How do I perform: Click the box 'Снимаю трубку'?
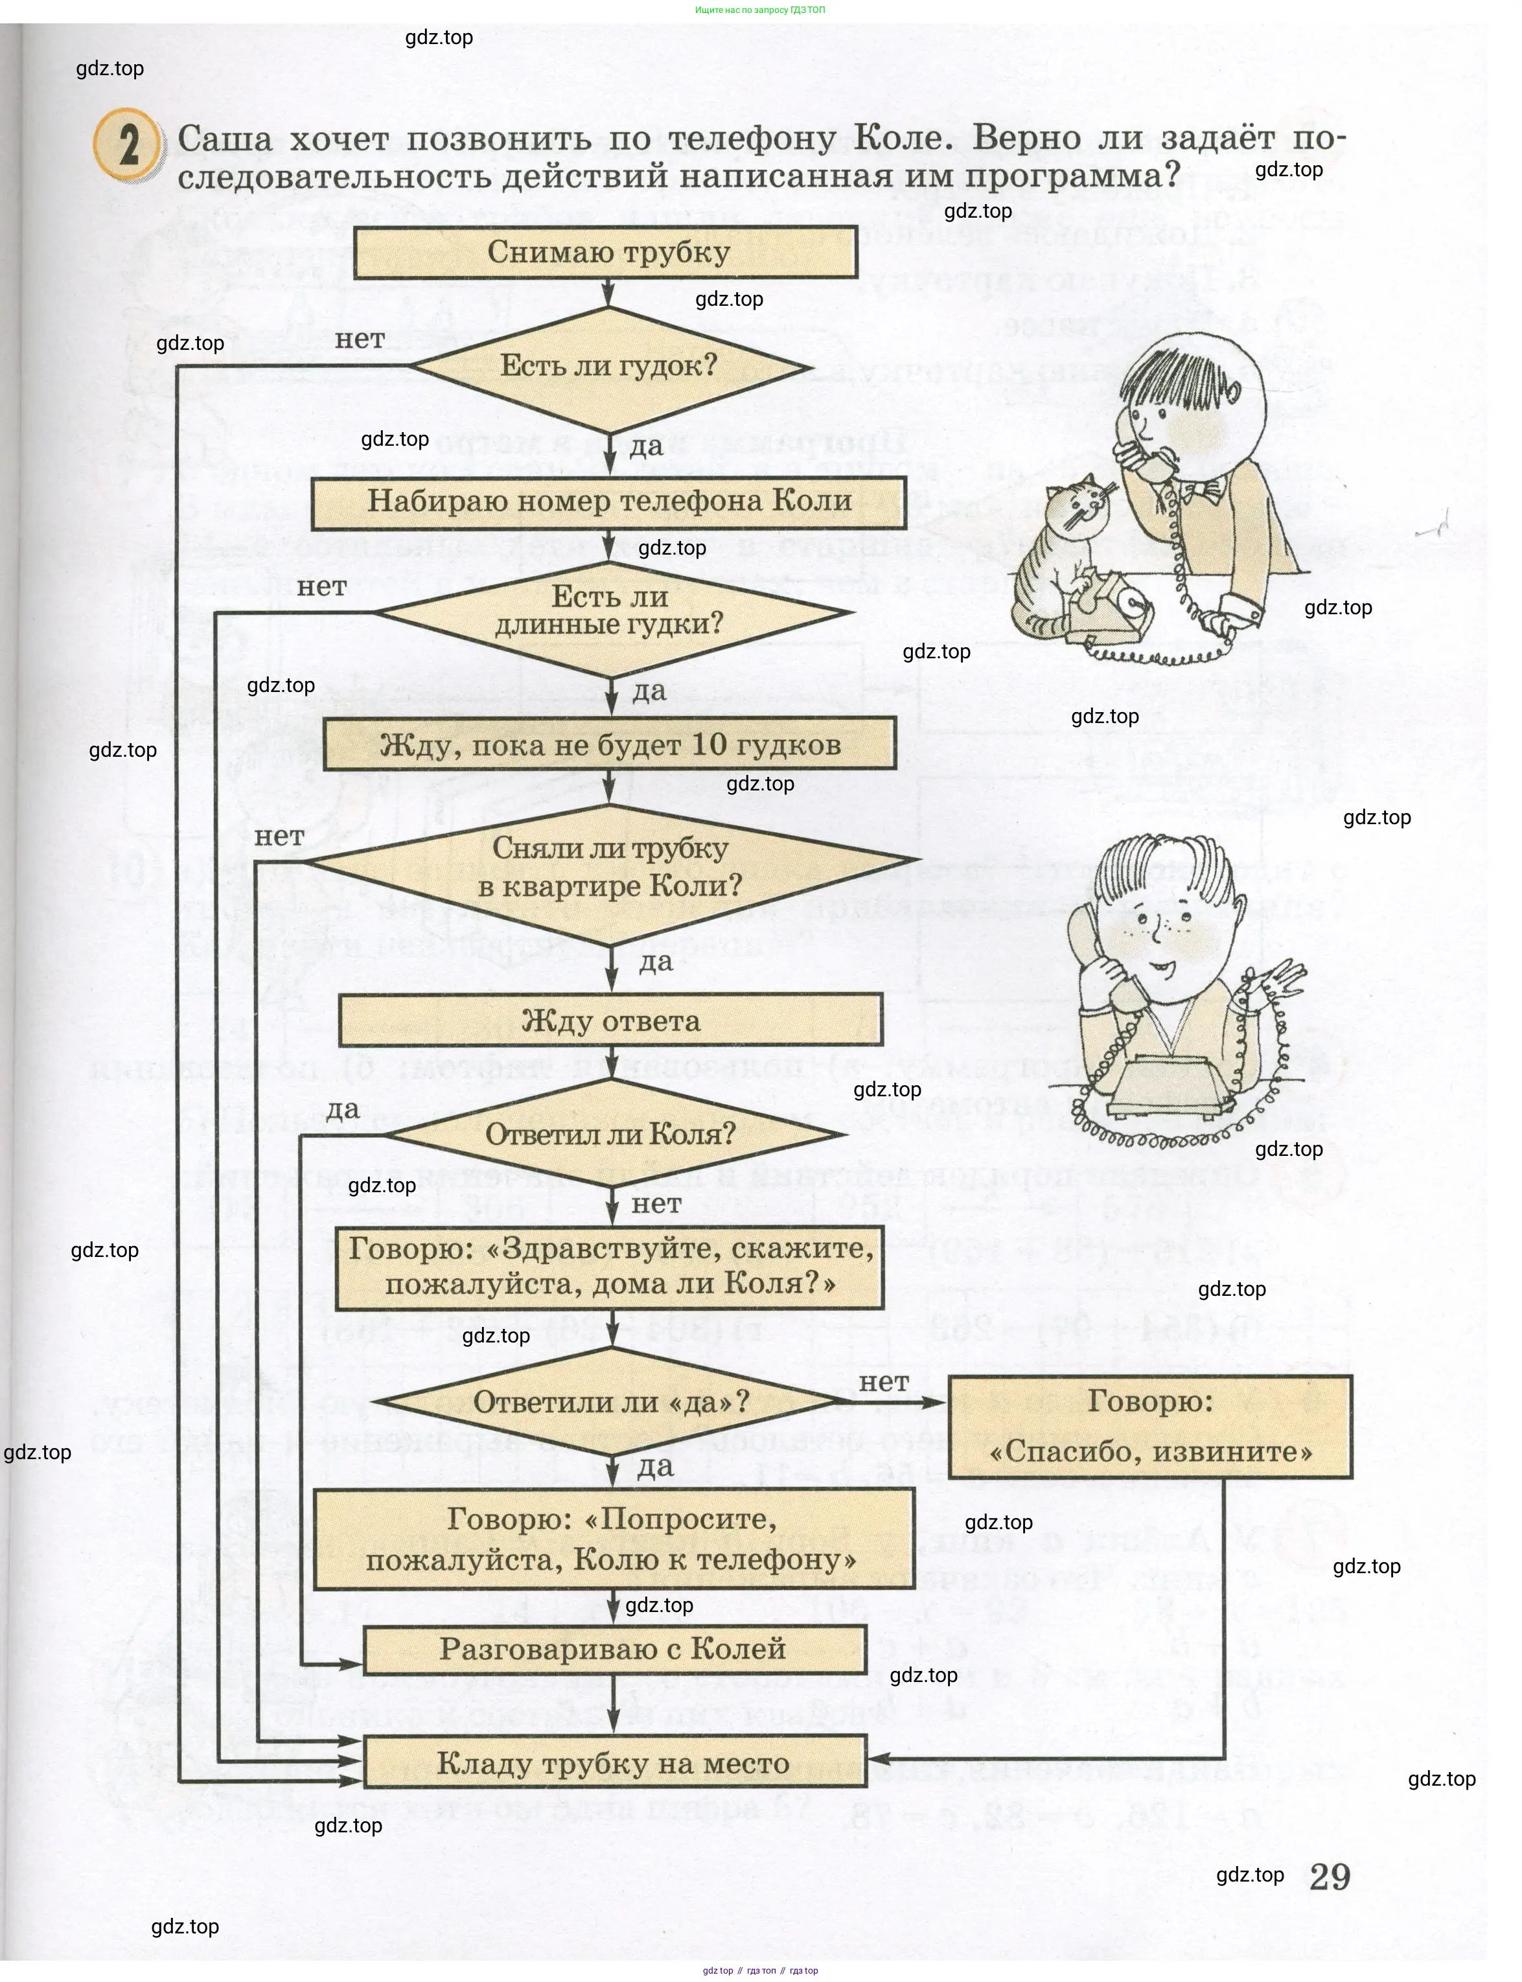point(605,252)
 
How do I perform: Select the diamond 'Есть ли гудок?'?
point(609,367)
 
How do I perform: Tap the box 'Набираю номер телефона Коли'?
point(609,501)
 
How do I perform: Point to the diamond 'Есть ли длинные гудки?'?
point(610,612)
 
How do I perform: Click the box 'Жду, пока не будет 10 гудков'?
point(610,744)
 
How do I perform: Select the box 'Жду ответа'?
point(610,1021)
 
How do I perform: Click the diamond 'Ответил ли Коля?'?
point(610,1134)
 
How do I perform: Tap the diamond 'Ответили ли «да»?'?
point(610,1402)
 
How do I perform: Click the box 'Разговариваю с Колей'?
point(614,1650)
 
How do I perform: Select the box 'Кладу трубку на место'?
point(614,1764)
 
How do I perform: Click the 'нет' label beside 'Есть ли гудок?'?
point(360,340)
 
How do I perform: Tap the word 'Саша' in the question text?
point(225,139)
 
